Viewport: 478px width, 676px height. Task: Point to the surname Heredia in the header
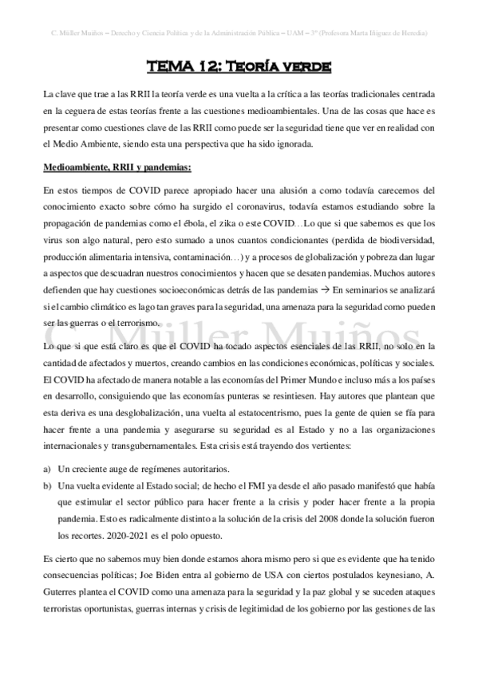pos(414,33)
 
